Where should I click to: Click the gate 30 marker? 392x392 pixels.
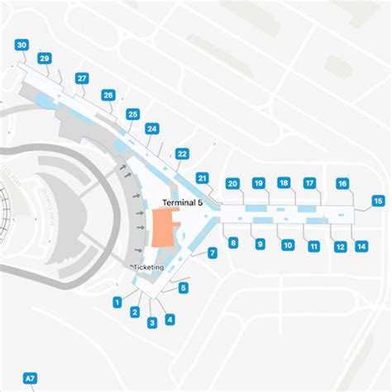click(22, 45)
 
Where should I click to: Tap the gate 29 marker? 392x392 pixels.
click(45, 58)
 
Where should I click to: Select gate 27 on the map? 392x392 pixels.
click(82, 78)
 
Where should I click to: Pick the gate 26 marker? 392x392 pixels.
click(108, 95)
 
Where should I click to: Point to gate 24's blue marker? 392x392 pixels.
click(151, 128)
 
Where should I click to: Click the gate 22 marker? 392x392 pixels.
click(182, 153)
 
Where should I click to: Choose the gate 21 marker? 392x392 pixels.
click(202, 178)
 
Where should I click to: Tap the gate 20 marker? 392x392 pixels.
click(232, 184)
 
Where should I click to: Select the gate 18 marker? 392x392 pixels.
click(284, 183)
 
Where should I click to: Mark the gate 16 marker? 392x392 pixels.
click(342, 184)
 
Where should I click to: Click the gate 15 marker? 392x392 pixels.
click(378, 201)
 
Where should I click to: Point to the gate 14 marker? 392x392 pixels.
click(361, 246)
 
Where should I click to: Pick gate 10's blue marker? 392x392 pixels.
click(287, 245)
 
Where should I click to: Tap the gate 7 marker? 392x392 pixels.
click(213, 252)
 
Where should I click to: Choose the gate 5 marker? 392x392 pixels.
click(184, 288)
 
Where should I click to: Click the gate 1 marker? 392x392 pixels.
click(117, 302)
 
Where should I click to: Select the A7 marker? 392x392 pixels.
click(30, 378)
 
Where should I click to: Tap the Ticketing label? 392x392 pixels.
click(150, 268)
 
